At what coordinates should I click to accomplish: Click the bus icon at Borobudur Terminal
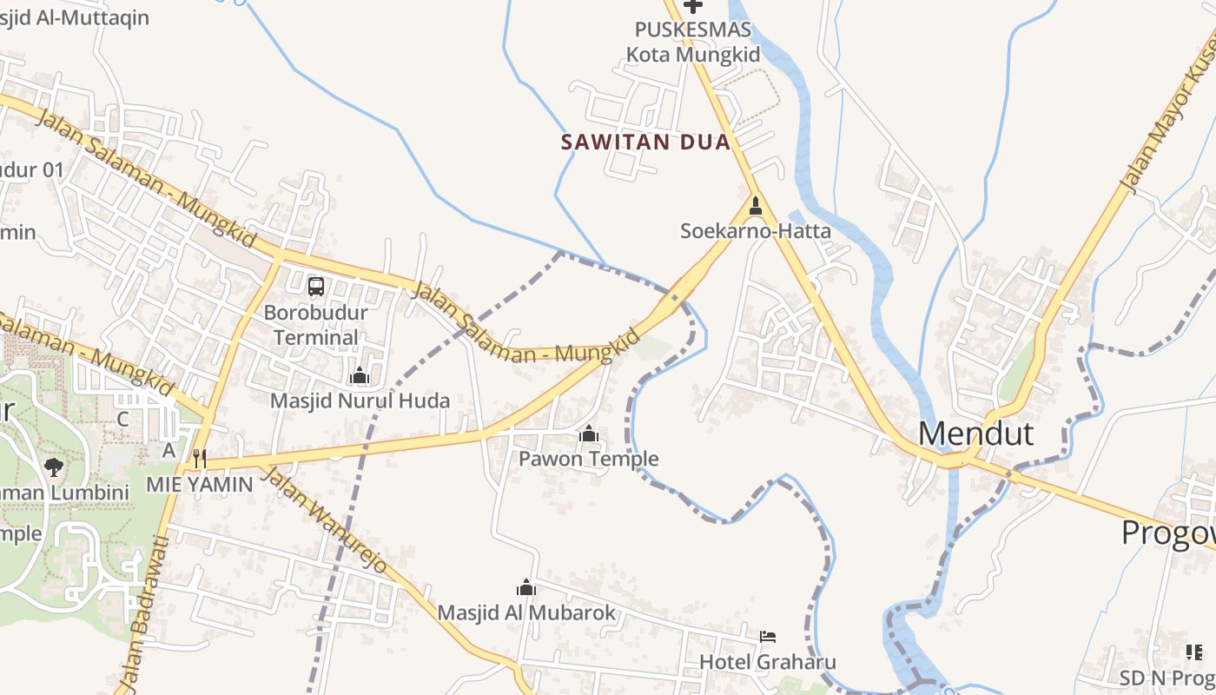[316, 286]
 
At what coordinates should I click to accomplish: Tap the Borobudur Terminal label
[316, 325]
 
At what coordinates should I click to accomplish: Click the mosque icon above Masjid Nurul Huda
[359, 375]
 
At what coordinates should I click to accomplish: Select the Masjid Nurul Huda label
[360, 400]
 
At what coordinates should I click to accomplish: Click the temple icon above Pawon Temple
[589, 433]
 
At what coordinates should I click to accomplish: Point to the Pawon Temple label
[589, 459]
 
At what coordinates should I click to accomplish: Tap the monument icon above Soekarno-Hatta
[756, 206]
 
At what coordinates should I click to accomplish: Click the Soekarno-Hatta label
[756, 231]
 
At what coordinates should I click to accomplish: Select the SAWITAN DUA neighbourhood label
[645, 142]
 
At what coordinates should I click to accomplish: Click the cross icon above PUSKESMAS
[692, 6]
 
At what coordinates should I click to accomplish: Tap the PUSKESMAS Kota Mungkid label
[693, 42]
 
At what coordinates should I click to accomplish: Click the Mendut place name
[975, 433]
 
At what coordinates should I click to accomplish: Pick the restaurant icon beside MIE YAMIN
[200, 458]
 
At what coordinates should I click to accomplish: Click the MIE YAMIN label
[199, 484]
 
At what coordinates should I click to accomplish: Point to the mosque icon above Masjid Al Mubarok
[526, 587]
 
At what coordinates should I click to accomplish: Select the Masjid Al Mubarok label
[526, 612]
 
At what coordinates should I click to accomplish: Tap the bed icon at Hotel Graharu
[768, 637]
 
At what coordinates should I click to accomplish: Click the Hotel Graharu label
[768, 662]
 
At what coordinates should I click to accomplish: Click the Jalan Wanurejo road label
[323, 519]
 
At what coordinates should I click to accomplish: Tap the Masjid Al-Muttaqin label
[75, 17]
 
